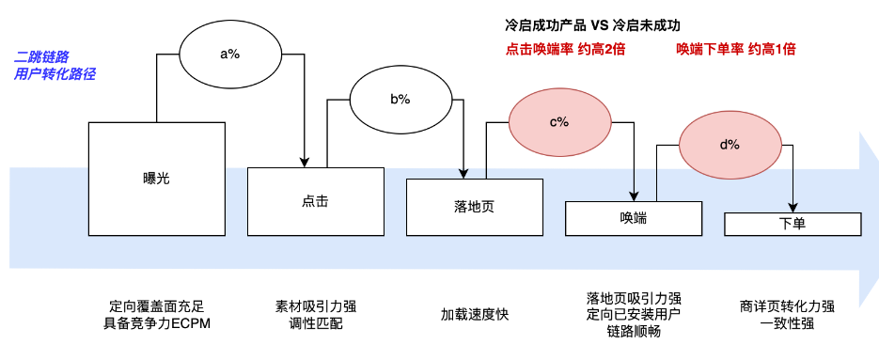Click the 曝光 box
(157, 178)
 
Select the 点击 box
(316, 201)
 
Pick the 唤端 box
(633, 218)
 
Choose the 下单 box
(793, 224)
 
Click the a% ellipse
(230, 54)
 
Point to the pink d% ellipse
(730, 145)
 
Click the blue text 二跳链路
(44, 56)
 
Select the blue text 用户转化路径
(55, 73)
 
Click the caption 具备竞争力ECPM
(157, 324)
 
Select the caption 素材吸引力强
(316, 306)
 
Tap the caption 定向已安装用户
(633, 315)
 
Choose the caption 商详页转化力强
(788, 306)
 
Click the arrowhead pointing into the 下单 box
(793, 209)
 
